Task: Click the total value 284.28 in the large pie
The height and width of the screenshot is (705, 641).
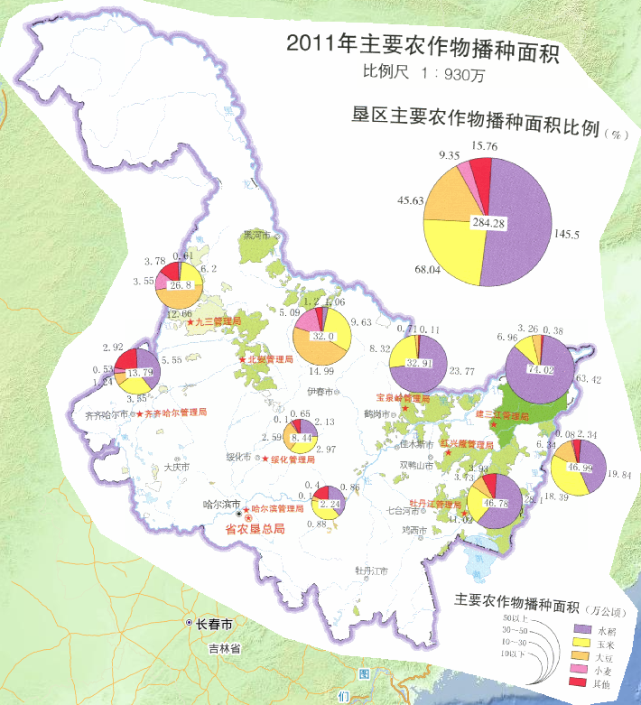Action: point(488,222)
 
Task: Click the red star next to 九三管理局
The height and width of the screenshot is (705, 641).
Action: point(190,321)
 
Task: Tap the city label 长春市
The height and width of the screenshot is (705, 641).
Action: point(216,624)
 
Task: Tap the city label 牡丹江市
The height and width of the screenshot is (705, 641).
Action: point(370,571)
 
